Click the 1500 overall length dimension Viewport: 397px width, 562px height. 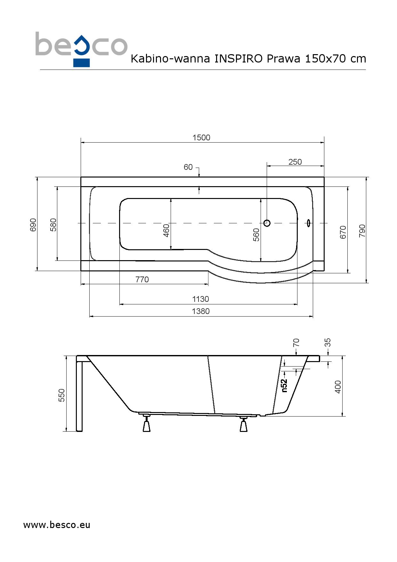pos(201,137)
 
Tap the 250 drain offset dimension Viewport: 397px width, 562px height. pos(295,162)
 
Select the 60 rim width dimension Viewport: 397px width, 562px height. pos(188,167)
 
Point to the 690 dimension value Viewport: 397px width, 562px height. pos(33,225)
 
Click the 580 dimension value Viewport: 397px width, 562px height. pos(53,225)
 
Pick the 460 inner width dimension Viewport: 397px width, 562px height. pos(166,231)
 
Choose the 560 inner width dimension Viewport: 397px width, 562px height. pos(256,235)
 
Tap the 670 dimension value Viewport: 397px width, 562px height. pos(343,232)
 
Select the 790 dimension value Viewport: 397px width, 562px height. pos(362,231)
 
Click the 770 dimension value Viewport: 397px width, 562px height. pos(142,279)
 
